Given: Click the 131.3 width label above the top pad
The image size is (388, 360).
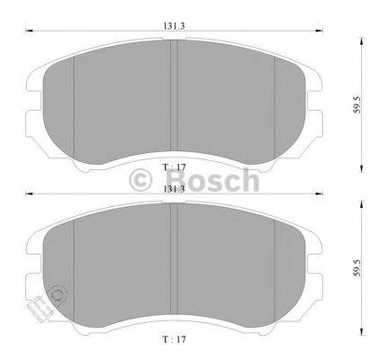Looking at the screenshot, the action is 174,26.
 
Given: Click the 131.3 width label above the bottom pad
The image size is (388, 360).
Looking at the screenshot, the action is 174,189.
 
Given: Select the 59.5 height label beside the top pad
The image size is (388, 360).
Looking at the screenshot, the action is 356,104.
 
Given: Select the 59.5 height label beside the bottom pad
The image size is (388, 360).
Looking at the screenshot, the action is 356,268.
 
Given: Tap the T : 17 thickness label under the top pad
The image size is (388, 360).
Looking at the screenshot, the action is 174,167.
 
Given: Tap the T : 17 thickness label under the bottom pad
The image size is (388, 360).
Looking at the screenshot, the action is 174,339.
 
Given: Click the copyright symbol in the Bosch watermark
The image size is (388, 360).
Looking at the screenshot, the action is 140,180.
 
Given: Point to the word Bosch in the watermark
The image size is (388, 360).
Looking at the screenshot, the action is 212,180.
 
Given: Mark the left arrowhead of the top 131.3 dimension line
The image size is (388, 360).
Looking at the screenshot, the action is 29,30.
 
